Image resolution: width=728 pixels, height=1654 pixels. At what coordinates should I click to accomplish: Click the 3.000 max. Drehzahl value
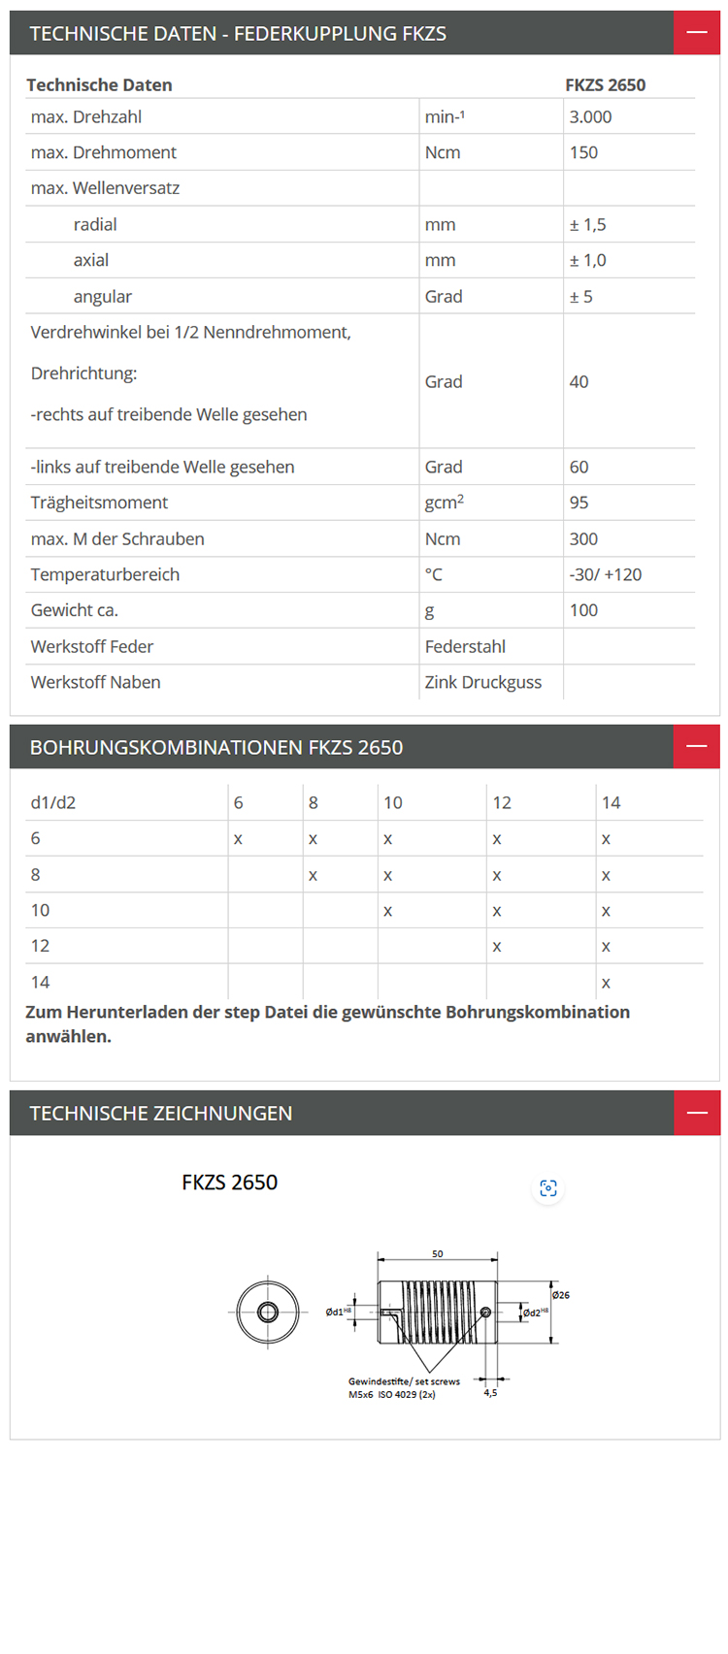590,117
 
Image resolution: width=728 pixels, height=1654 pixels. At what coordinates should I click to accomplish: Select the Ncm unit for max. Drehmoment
443,153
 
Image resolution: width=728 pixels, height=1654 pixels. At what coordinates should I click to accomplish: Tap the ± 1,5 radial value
587,225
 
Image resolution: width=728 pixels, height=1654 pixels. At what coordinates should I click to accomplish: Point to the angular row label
102,297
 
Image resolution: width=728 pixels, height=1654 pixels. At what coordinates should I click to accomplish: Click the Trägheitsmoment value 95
579,503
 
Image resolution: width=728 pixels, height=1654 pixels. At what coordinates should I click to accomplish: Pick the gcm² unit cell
444,503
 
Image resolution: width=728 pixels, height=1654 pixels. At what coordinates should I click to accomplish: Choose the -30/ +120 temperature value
605,574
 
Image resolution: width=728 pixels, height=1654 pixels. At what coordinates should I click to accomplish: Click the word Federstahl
465,646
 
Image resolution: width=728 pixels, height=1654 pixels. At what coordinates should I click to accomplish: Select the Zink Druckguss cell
482,682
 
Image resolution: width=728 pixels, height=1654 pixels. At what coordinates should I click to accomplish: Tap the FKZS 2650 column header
605,85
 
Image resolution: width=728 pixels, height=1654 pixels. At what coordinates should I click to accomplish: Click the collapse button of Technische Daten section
696,33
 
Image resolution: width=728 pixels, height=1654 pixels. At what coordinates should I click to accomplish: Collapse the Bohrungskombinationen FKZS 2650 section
696,747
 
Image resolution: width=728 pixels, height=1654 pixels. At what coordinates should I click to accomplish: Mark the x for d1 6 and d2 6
238,839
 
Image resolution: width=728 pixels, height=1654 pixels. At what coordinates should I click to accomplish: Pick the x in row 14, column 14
606,983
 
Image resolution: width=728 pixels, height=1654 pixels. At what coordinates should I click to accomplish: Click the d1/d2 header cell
53,803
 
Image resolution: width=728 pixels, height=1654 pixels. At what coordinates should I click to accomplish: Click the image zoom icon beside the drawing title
548,1188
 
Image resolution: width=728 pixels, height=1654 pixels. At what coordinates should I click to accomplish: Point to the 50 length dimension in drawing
438,1254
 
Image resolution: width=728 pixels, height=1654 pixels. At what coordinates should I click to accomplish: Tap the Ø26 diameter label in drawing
561,1295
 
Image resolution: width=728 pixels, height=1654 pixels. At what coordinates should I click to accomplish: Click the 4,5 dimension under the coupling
490,1393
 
